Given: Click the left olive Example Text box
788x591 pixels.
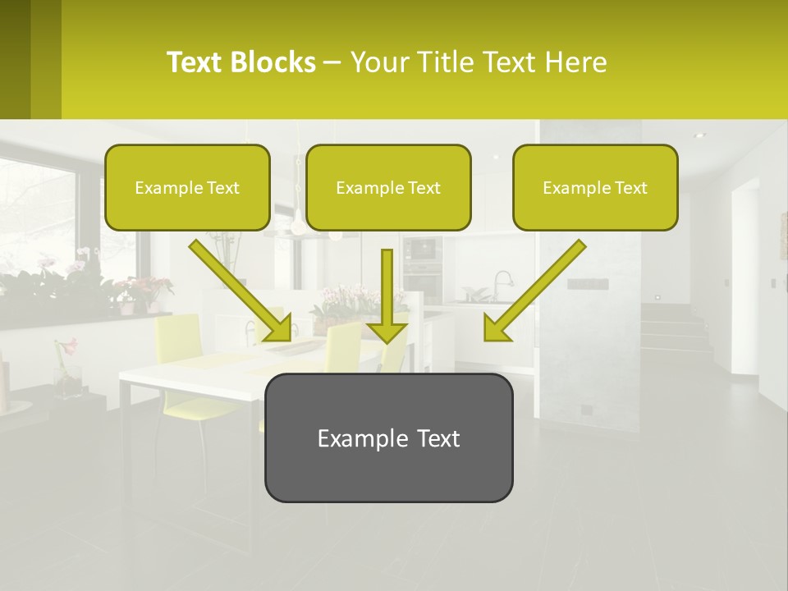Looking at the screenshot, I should click(x=187, y=187).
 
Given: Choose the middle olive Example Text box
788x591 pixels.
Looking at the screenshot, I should click(x=388, y=187).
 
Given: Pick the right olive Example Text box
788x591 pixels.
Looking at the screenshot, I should click(x=595, y=187).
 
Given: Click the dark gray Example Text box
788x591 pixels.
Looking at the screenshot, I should click(x=388, y=438).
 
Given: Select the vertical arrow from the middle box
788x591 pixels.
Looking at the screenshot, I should click(x=387, y=291).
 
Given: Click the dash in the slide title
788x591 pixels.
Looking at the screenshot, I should click(x=332, y=62).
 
